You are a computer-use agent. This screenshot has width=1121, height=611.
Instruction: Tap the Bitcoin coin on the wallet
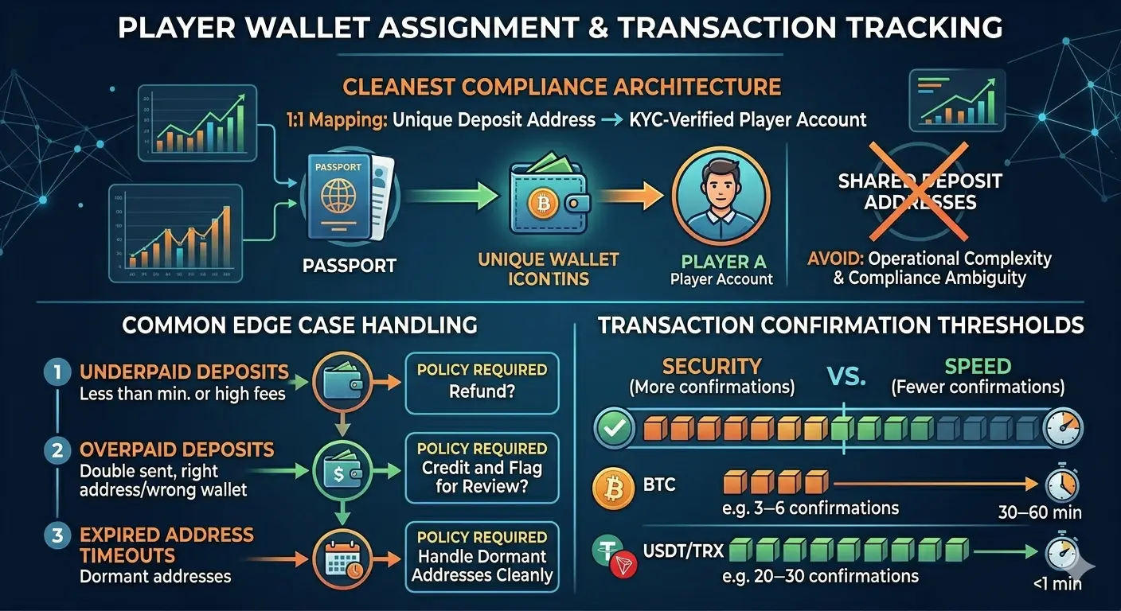point(539,204)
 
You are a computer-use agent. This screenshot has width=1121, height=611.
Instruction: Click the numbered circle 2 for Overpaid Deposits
point(57,450)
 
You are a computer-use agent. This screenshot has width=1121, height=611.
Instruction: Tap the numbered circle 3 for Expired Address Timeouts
point(57,535)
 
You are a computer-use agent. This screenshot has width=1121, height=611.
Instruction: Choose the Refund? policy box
point(482,382)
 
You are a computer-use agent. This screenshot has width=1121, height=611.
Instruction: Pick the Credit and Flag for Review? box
point(482,467)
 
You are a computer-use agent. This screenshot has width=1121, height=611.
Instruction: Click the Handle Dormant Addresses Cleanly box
point(482,555)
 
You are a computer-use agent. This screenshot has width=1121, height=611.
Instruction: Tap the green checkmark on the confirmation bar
point(615,430)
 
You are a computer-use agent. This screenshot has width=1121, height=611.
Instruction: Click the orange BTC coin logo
point(613,486)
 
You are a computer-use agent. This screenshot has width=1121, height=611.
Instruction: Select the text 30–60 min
point(1040,513)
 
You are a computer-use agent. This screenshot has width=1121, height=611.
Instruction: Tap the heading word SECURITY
point(712,366)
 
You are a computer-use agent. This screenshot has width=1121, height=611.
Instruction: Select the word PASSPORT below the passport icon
point(350,265)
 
